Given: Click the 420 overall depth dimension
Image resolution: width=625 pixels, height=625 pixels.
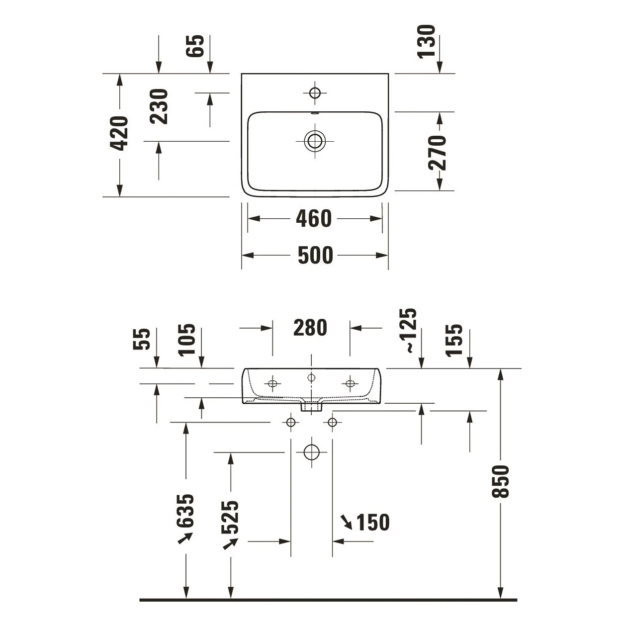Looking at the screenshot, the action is coord(120,133).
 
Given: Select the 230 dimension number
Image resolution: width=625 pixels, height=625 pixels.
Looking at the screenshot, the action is coord(159,106).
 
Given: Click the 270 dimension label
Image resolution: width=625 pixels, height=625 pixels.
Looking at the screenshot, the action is coord(438,152).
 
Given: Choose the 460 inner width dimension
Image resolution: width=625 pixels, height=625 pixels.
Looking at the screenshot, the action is coord(314,218).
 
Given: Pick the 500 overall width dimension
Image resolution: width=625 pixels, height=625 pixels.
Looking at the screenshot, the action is coord(315,255).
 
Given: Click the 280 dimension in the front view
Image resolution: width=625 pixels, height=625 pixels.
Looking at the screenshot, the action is coord(310,328).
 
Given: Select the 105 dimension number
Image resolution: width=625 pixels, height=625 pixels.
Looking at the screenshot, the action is coord(187,340).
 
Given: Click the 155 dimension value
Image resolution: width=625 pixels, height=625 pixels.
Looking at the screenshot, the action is coord(454,340).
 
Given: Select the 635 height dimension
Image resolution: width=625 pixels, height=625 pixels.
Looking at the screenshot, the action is coord(185,511).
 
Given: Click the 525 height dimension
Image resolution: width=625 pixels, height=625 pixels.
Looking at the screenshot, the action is coord(230,517).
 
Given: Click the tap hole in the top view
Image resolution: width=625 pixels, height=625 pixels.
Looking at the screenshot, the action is coord(315,92).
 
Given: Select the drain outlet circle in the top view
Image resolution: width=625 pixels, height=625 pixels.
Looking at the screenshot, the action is coord(315,141).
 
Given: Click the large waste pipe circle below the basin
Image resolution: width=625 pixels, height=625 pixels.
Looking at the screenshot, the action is coord(311,452).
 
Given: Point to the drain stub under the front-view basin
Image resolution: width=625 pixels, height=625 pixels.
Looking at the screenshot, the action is coord(312,407).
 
